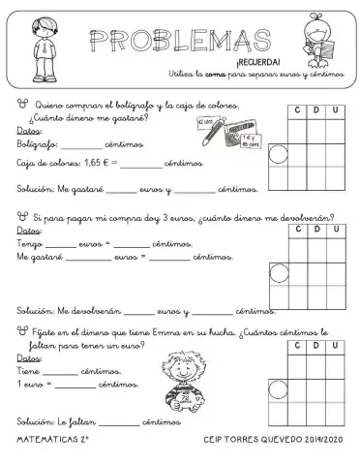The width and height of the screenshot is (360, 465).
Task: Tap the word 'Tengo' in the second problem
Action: coord(30,244)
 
